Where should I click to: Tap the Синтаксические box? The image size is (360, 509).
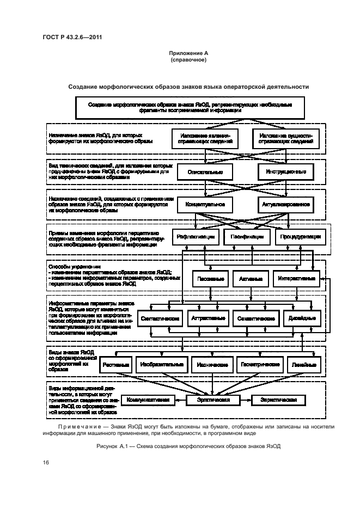[160, 318]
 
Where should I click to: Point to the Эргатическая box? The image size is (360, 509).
[213, 400]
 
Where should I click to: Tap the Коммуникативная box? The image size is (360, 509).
[148, 400]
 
